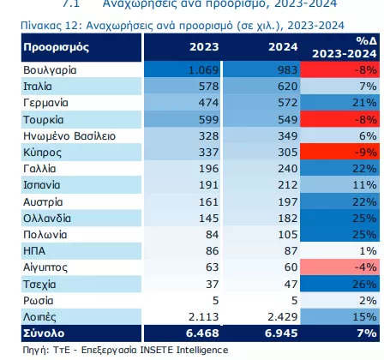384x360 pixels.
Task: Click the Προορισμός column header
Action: (x=57, y=47)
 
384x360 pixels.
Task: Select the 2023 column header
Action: (x=204, y=47)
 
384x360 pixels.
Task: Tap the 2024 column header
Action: (x=283, y=47)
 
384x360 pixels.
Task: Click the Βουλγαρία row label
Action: (x=50, y=70)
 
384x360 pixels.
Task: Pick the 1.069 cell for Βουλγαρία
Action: (x=203, y=70)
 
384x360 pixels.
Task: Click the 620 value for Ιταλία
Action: (x=288, y=87)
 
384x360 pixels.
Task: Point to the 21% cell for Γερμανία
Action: (x=364, y=103)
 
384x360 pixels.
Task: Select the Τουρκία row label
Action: (x=44, y=120)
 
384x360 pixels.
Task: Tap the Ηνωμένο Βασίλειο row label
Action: (x=69, y=136)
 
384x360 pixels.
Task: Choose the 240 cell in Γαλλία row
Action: (x=288, y=169)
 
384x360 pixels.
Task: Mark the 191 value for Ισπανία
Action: (x=209, y=185)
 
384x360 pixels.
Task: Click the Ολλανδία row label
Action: (x=47, y=219)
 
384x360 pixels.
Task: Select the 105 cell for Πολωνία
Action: (x=288, y=235)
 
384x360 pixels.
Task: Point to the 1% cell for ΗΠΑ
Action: (x=368, y=251)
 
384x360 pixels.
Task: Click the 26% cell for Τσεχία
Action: (x=364, y=285)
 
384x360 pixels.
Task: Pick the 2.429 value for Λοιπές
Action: (x=283, y=317)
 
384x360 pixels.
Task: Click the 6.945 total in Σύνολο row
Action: (x=281, y=333)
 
